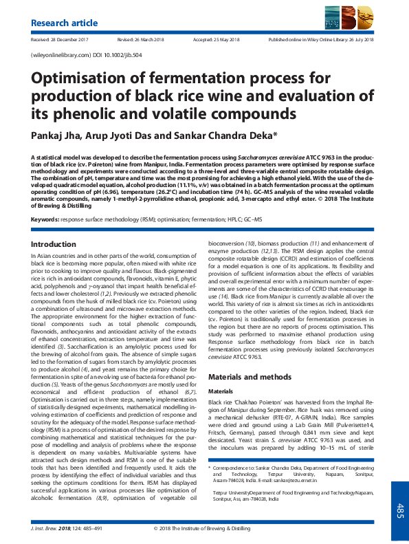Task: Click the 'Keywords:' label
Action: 45,219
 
